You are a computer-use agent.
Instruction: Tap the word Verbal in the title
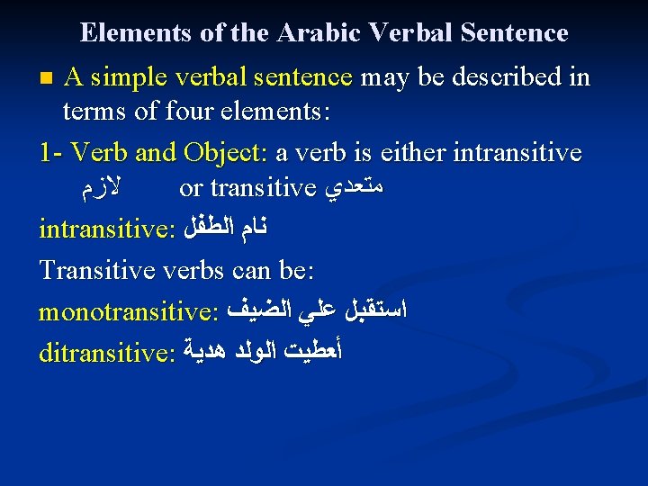coord(415,33)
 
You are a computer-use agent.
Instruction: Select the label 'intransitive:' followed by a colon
coord(107,228)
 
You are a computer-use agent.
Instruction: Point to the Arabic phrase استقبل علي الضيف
coord(318,311)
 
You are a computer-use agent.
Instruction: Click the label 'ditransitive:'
coord(107,353)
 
